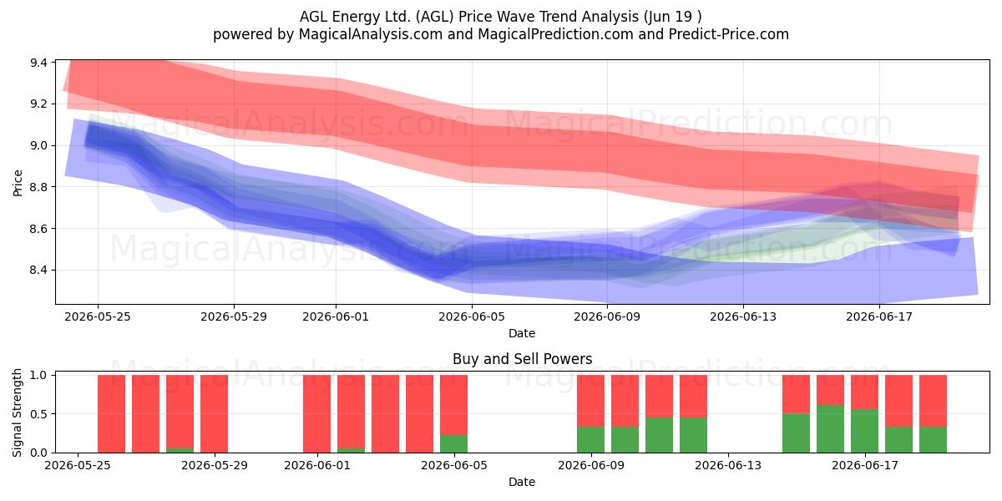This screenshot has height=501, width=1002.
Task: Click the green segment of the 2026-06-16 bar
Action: [830, 428]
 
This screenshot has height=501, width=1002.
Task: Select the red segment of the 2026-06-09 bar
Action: [590, 401]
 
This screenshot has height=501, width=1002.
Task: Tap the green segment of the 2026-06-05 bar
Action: [453, 443]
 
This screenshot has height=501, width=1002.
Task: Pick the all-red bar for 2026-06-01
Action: [316, 414]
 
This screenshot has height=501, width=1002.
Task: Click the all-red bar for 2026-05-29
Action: [215, 414]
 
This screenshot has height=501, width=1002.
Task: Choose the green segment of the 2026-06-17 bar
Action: [865, 431]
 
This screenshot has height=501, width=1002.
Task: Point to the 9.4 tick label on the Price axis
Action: [39, 63]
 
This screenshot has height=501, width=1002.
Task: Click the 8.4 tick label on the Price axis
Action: [39, 271]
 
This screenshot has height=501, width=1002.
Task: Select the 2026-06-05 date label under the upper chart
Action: [472, 316]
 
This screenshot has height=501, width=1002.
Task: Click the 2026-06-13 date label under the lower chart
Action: [728, 465]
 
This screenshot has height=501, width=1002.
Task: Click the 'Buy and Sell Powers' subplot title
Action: [522, 359]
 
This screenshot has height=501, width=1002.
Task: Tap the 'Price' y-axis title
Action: [18, 183]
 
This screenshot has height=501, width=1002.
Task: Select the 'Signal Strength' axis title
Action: [17, 412]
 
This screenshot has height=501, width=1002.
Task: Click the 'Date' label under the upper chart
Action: [522, 333]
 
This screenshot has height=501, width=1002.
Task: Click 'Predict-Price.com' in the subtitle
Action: [729, 34]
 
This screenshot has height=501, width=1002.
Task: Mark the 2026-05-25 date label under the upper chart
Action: [98, 316]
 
